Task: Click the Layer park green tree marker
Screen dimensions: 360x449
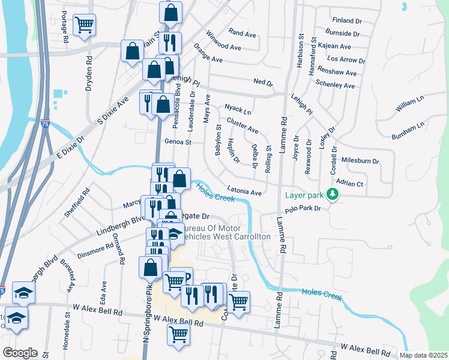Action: coord(331,195)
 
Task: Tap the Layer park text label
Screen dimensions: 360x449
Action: coord(304,195)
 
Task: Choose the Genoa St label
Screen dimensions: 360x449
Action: coord(178,142)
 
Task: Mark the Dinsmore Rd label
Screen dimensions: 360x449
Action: coord(99,247)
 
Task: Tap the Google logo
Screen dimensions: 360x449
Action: coord(20,353)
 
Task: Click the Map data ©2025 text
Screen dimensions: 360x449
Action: coord(424,355)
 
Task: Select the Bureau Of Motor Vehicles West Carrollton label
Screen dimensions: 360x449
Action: coord(225,233)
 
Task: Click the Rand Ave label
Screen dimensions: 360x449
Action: coord(243,32)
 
